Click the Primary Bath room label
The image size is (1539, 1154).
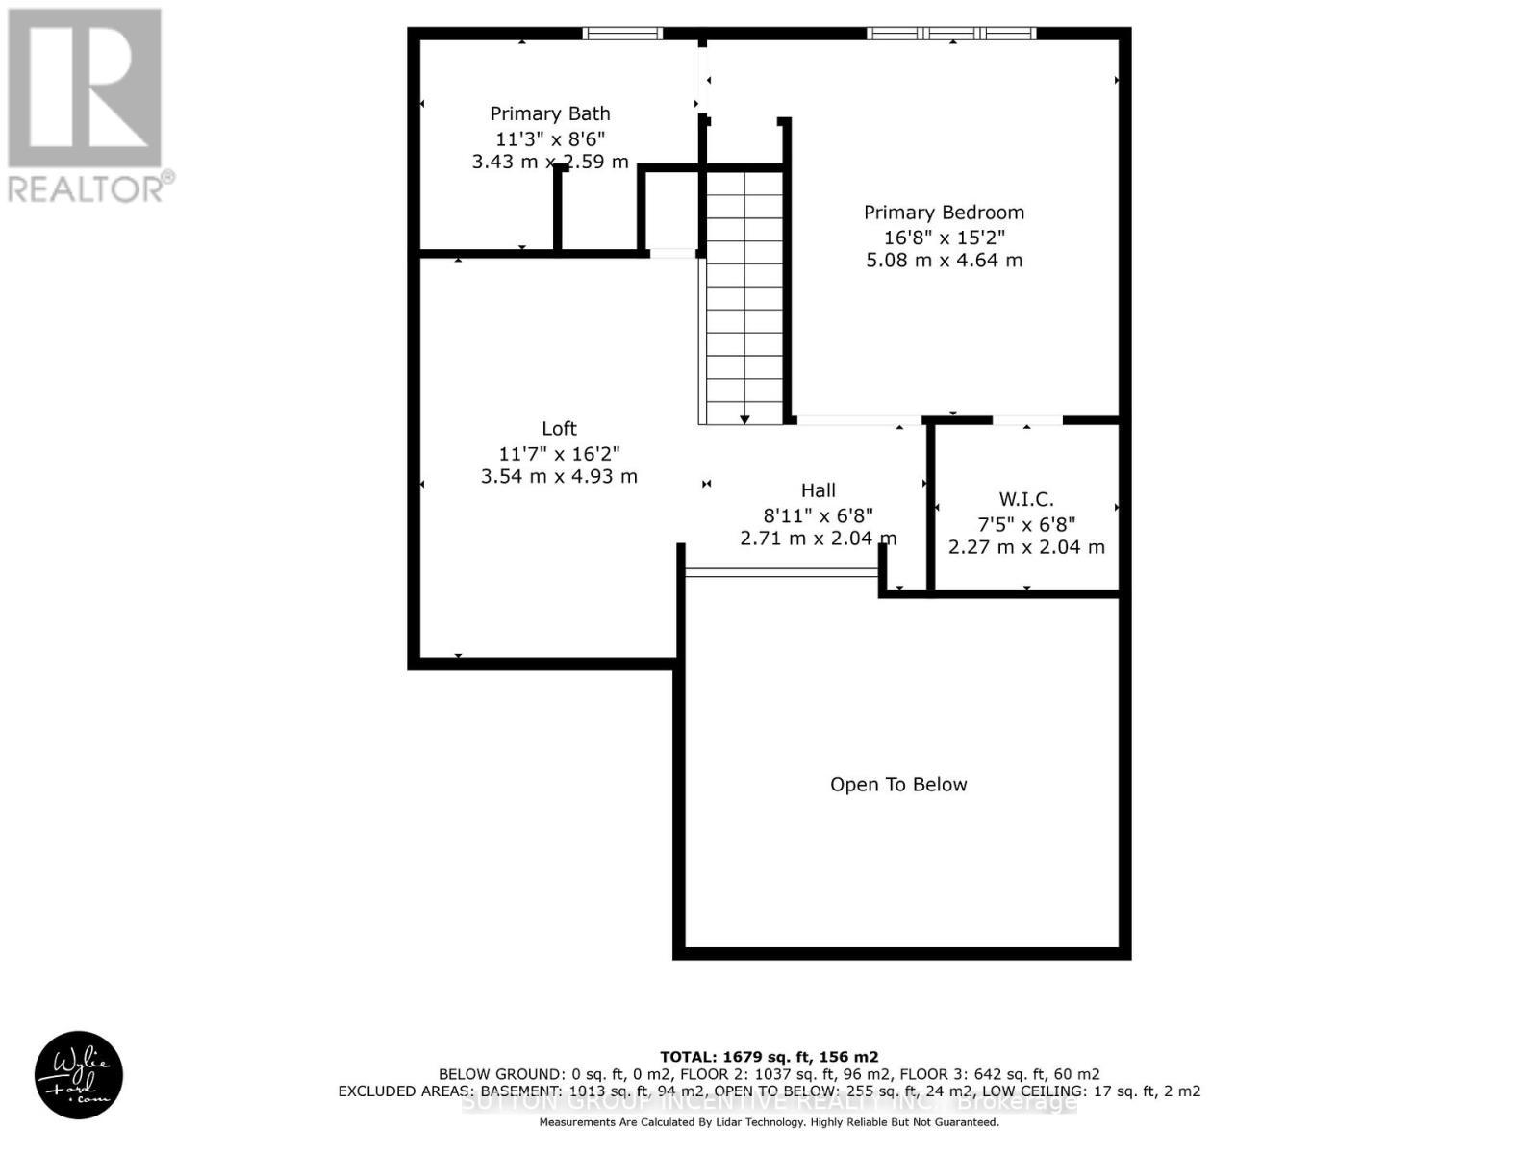click(x=549, y=113)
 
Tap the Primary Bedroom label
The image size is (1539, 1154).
click(x=944, y=213)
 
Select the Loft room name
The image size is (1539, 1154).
click(x=559, y=429)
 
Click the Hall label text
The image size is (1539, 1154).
click(x=819, y=490)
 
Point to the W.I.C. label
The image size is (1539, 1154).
click(x=1026, y=499)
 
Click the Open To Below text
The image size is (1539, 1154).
click(x=898, y=785)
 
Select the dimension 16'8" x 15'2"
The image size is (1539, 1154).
click(x=944, y=238)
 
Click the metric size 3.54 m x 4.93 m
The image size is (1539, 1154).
click(x=559, y=476)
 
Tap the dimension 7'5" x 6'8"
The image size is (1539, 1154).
click(x=1026, y=524)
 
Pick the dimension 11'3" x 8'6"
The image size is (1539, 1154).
click(x=549, y=138)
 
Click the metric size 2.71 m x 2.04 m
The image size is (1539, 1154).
click(x=819, y=539)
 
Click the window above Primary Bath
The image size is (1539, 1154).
click(x=623, y=34)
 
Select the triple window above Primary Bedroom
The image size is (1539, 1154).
click(x=951, y=34)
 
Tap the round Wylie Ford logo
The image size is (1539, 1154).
click(x=79, y=1075)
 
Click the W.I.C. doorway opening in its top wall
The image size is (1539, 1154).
click(x=1027, y=420)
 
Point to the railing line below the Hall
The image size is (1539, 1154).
click(x=781, y=572)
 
